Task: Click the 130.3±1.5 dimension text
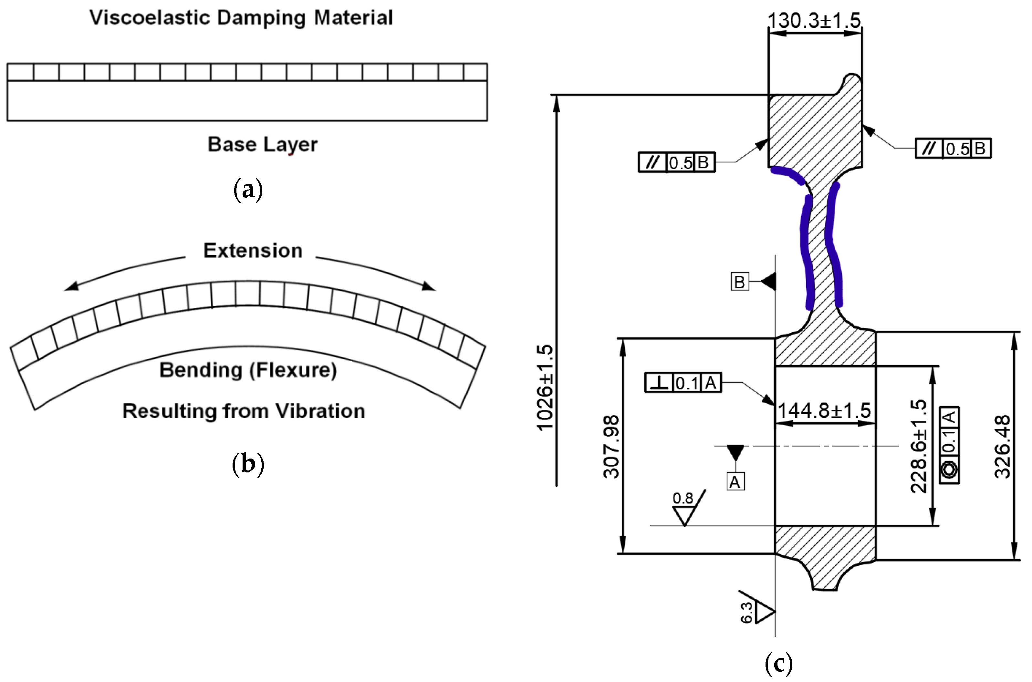[x=814, y=20]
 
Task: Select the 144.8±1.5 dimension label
[x=824, y=410]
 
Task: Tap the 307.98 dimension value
[x=611, y=447]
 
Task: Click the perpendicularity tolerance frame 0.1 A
[x=683, y=383]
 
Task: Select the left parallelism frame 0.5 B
[x=676, y=162]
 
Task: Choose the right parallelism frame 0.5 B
[x=953, y=148]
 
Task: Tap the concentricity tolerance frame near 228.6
[x=949, y=445]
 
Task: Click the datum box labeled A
[x=735, y=482]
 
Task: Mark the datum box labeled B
[x=740, y=282]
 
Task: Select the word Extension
[x=253, y=251]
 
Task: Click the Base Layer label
[x=262, y=144]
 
